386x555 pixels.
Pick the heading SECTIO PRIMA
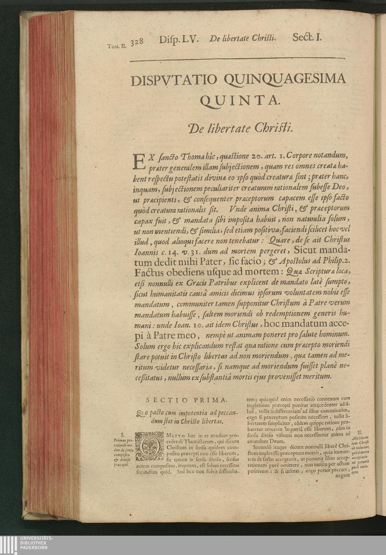click(188, 400)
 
